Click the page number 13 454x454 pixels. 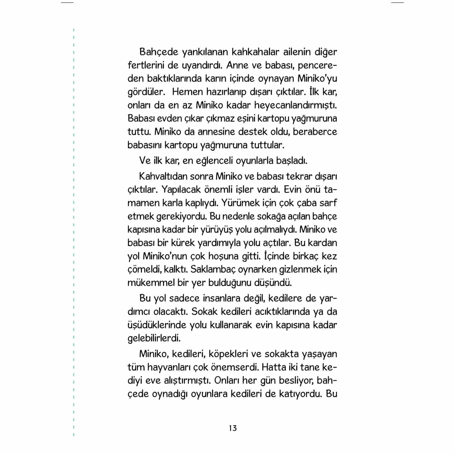(233, 428)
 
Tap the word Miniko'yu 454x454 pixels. (317, 79)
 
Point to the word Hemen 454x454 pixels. (187, 92)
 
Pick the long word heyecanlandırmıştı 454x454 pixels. (296, 105)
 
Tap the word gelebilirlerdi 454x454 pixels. (154, 338)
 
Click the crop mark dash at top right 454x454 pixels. (397, 3)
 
